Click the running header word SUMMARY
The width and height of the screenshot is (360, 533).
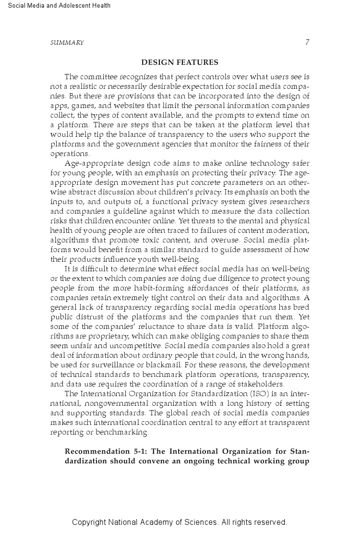click(x=67, y=43)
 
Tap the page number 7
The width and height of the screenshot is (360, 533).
click(x=307, y=42)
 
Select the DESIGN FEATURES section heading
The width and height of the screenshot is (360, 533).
click(x=180, y=62)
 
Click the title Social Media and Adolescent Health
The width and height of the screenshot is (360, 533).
click(x=56, y=6)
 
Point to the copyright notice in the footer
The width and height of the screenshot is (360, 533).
click(x=180, y=522)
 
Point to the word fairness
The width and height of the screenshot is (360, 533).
click(x=264, y=144)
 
